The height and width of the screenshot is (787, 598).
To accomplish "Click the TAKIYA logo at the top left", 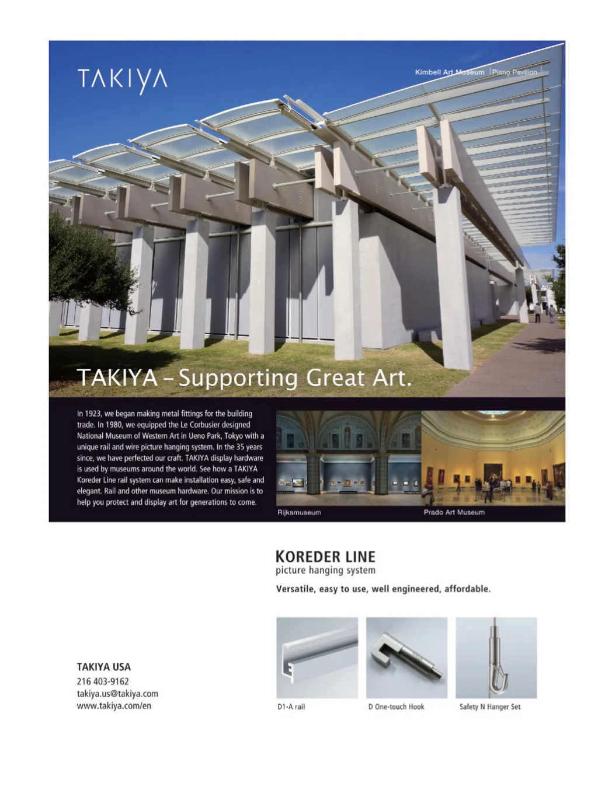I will (x=122, y=80).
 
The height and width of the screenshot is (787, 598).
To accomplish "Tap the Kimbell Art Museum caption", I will (x=449, y=72).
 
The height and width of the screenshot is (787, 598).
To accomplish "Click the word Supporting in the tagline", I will (x=238, y=378).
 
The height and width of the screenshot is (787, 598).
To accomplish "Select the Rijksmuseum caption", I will (x=299, y=512).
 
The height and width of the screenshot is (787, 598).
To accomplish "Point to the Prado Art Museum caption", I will (x=454, y=512).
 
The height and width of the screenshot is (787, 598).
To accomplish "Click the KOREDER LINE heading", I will (x=325, y=556).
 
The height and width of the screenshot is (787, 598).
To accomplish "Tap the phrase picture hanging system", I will (x=325, y=571).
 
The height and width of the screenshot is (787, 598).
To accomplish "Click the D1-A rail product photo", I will (x=317, y=657).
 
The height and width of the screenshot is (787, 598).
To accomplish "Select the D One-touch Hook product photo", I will (x=406, y=657).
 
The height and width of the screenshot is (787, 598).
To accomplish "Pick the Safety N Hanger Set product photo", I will (x=496, y=657).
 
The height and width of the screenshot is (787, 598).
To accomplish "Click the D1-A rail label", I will (x=291, y=706).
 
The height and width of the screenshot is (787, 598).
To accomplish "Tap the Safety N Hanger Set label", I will (x=489, y=706).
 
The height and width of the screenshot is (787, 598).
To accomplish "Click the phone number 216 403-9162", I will (x=103, y=681).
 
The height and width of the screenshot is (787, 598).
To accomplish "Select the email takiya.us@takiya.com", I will (x=117, y=694).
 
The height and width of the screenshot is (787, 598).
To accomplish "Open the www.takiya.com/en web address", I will (x=114, y=706).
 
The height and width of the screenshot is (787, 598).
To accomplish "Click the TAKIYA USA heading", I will (x=104, y=667).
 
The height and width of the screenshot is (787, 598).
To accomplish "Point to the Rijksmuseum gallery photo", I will (x=348, y=458).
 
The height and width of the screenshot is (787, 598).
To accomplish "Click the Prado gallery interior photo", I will (x=493, y=458).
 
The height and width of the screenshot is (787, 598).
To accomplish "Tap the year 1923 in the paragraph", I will (x=93, y=414).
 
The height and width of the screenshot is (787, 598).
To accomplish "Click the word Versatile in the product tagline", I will (x=295, y=589).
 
